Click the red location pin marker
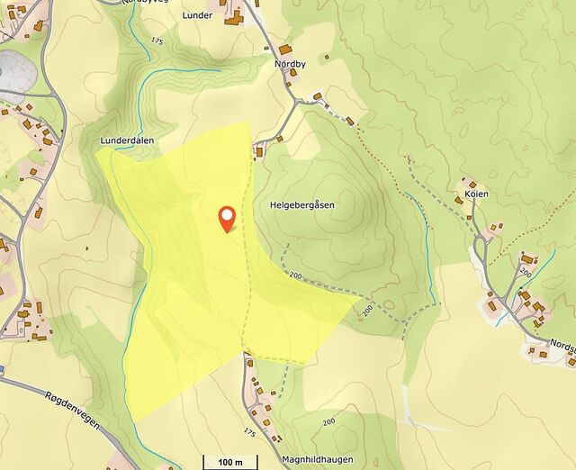tap(228, 218)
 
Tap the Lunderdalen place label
tap(126, 141)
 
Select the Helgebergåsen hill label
tap(301, 205)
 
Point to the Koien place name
tap(476, 194)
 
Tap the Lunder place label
tap(196, 15)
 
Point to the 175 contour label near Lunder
tap(158, 41)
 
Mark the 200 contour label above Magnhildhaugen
tap(328, 421)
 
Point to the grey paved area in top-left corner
tap(11, 70)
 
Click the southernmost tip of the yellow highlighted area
tap(135, 420)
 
